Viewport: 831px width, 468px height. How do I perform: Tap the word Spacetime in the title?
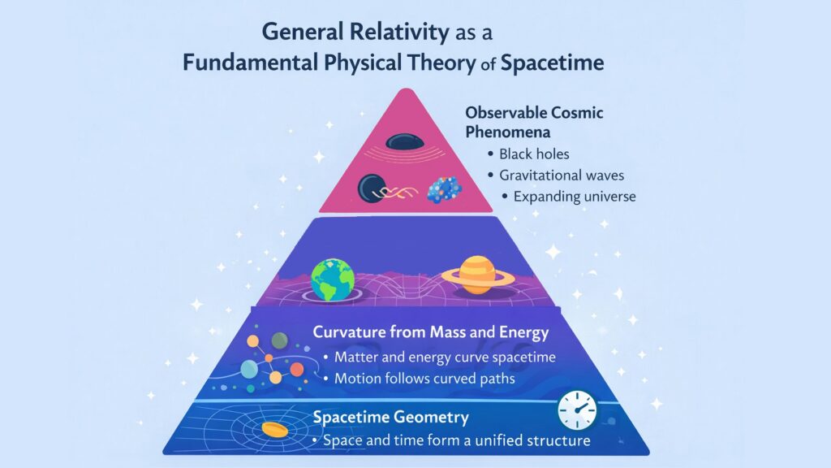[553, 63]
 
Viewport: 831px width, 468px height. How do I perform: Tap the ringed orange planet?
[478, 274]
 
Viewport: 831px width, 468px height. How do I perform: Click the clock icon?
[577, 410]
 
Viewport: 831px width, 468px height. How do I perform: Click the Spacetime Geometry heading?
[391, 418]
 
